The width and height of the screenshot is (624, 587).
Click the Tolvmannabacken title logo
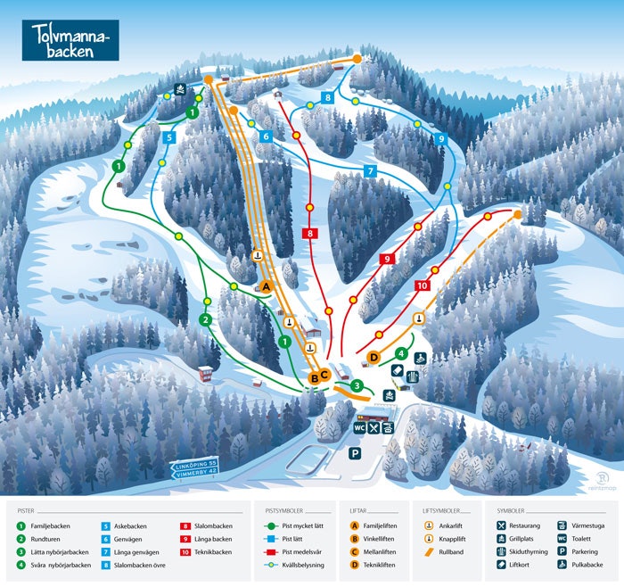point(70,40)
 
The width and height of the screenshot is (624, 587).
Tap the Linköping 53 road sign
point(194,465)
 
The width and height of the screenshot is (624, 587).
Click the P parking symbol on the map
point(354,453)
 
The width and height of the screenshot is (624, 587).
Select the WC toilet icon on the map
point(359,427)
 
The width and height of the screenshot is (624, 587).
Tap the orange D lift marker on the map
point(374,358)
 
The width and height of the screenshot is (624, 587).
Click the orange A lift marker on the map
point(266,286)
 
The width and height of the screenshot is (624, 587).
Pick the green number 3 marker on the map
point(357,385)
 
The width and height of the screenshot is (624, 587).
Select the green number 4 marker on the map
point(401,354)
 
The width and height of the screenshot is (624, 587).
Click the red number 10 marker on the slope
point(423,285)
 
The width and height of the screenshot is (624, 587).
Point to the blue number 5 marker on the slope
point(168,138)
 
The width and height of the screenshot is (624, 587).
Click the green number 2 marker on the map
point(205,319)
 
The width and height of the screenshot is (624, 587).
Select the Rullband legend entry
point(449,551)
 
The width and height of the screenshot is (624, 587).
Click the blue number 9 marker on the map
point(439,138)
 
